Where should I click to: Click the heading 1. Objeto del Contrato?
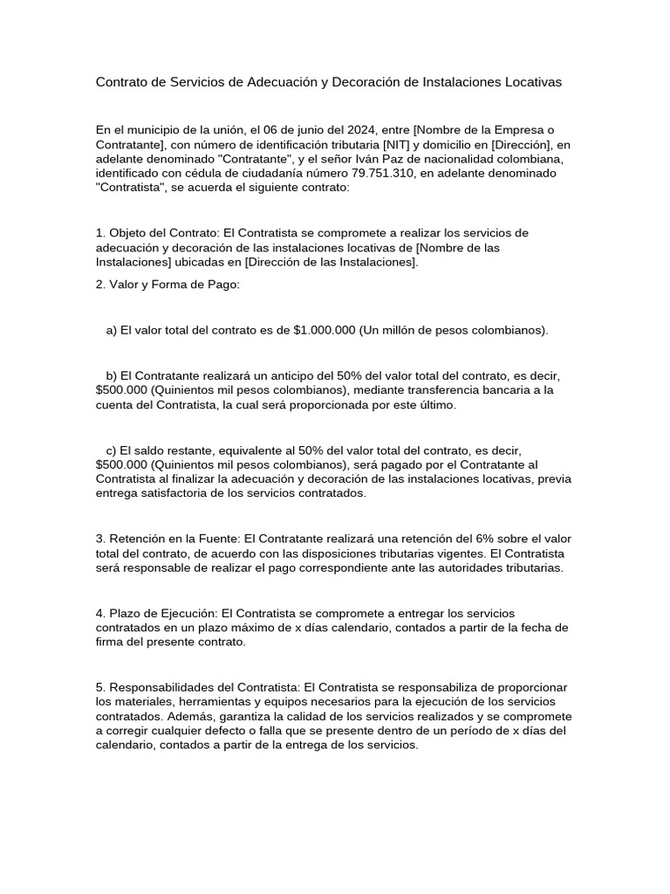157,233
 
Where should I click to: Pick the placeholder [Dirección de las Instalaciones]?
331,262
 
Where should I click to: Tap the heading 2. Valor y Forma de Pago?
167,284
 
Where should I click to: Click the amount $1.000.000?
325,330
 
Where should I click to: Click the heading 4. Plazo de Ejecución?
156,613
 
